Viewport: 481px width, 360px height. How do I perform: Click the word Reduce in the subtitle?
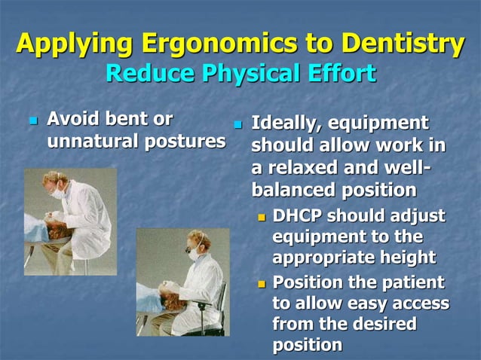pos(143,74)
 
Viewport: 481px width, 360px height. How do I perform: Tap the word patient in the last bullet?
pos(415,283)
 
